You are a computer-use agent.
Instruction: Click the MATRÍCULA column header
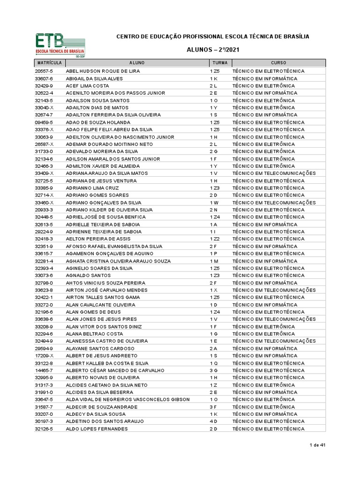[49, 63]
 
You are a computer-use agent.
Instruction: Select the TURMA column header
[220, 63]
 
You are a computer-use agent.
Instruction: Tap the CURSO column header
[278, 63]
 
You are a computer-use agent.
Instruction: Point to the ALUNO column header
[137, 63]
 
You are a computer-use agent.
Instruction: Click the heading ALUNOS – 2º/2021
[212, 50]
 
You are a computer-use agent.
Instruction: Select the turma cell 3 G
[214, 370]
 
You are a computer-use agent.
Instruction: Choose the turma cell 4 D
[214, 421]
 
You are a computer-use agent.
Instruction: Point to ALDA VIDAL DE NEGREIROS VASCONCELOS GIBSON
[128, 399]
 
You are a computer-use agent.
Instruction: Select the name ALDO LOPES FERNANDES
[97, 429]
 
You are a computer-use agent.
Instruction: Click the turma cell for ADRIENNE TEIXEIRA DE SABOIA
[213, 232]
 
